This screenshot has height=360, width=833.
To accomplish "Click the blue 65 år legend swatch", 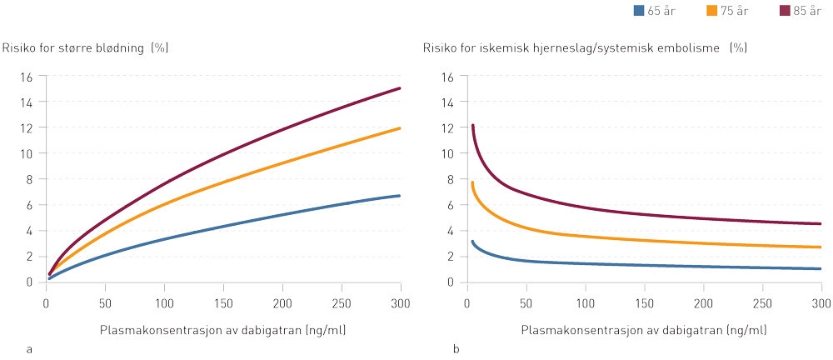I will coord(640,11).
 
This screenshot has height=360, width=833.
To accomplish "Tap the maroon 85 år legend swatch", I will coord(785,11).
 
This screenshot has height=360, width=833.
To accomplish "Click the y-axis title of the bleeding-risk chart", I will coord(86,47).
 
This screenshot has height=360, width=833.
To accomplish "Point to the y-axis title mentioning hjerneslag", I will coord(583,47).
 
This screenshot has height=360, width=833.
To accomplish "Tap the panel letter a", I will coord(31,347).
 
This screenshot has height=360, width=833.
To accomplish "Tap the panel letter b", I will coord(456,347).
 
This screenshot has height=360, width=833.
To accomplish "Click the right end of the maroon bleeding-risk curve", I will coord(400,88).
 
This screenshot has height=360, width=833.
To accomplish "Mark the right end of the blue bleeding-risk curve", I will coord(400,196).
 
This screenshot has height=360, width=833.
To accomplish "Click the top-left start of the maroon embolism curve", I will coord(472,126).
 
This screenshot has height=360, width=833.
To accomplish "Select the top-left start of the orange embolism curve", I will coord(472,182).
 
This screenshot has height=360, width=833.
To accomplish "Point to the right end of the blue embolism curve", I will coord(821,268).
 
